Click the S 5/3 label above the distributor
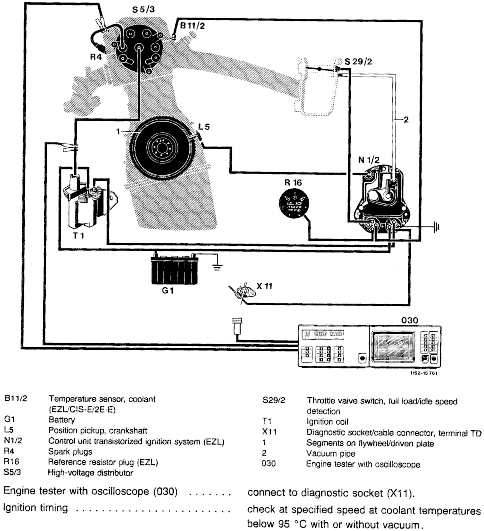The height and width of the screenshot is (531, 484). tap(143, 10)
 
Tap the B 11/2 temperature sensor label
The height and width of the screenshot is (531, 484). tap(192, 26)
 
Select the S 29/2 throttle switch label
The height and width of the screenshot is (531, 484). tap(358, 62)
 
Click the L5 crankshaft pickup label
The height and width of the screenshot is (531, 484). tap(204, 127)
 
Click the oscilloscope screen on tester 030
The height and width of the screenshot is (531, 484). tap(393, 347)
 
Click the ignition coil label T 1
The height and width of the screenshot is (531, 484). tap(78, 235)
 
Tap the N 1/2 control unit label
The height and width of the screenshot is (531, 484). tap(369, 160)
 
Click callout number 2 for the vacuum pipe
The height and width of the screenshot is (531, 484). tap(406, 120)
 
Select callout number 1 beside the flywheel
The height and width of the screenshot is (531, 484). tap(118, 131)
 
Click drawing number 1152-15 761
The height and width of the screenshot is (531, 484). tap(424, 373)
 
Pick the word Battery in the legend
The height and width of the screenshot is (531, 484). tap(62, 420)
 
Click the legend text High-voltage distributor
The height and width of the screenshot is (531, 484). tap(90, 473)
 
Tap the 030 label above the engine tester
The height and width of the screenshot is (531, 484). tap(410, 320)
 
